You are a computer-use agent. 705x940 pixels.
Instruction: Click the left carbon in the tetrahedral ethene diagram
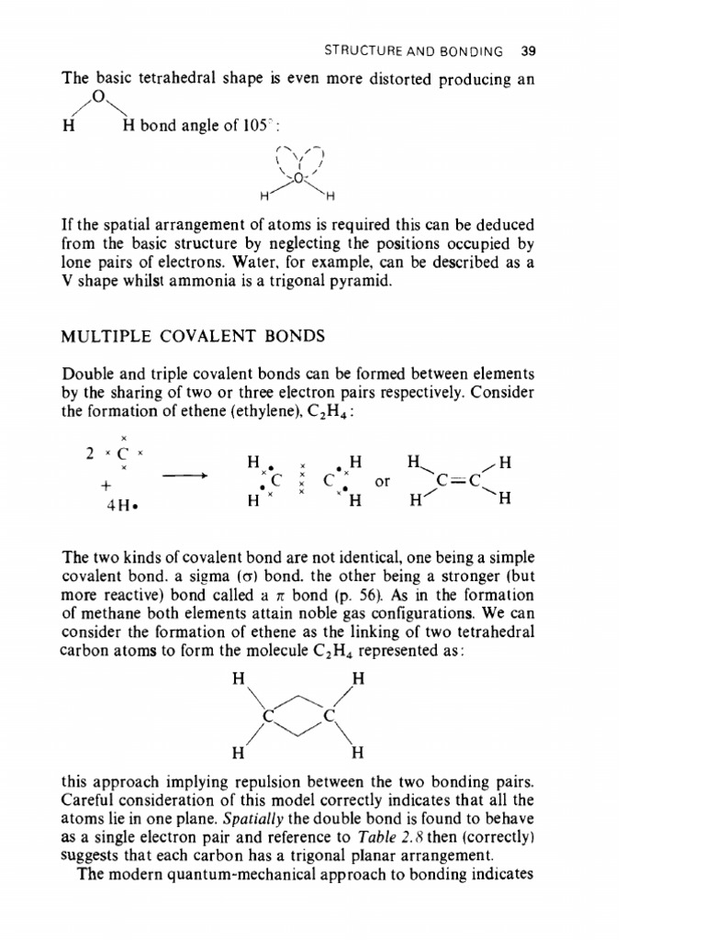click(268, 713)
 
